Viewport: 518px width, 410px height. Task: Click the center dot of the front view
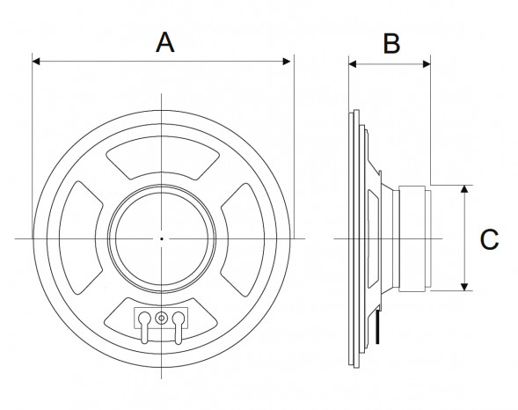click(x=162, y=238)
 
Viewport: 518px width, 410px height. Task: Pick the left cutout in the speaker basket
click(x=85, y=238)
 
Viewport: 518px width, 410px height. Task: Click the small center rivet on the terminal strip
click(x=162, y=318)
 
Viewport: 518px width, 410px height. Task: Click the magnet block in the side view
click(x=414, y=238)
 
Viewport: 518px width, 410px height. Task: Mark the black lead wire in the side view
click(x=379, y=330)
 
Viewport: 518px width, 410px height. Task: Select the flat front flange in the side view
click(x=354, y=238)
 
